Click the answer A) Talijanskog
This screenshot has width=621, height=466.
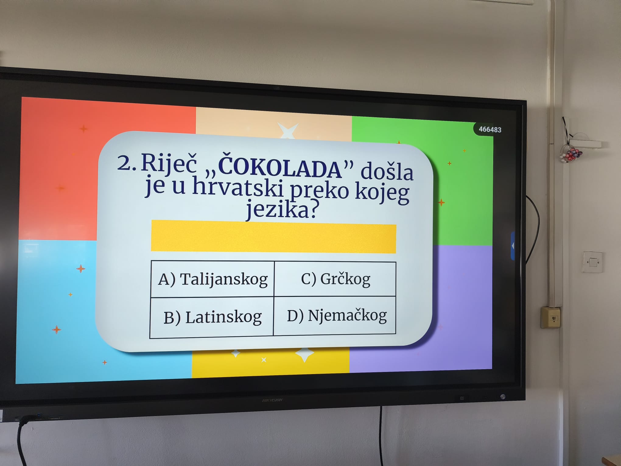213,279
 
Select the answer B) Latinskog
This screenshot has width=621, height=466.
212,317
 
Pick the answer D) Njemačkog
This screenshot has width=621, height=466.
337,316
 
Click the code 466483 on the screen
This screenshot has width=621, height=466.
490,129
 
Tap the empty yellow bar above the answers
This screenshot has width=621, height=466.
273,237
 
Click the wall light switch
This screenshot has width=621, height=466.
593,262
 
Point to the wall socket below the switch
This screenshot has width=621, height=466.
550,318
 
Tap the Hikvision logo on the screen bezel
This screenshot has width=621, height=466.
272,400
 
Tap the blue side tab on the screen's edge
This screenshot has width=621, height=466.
513,245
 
